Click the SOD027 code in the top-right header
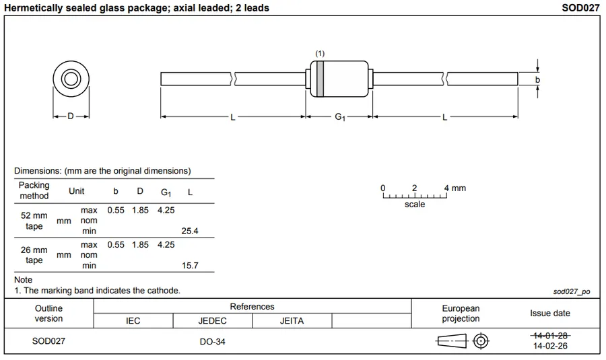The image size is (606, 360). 580,8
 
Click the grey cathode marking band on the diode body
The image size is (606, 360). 320,78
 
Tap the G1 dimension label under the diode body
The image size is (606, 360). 340,117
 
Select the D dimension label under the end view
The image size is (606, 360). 71,116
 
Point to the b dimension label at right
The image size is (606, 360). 537,79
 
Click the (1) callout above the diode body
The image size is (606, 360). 320,53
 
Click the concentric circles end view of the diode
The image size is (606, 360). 71,79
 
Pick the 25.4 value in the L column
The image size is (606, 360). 191,231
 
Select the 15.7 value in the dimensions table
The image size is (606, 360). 191,265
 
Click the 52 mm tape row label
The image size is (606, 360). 34,221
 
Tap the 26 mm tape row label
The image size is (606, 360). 34,255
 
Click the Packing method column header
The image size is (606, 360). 34,190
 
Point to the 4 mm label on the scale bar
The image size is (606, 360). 455,188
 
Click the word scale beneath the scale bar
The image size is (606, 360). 415,204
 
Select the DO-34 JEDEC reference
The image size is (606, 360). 212,341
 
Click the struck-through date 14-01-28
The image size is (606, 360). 550,335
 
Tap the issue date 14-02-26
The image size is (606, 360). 550,346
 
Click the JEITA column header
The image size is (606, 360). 292,321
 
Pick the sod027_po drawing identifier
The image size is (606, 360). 571,291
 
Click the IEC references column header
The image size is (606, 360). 133,321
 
